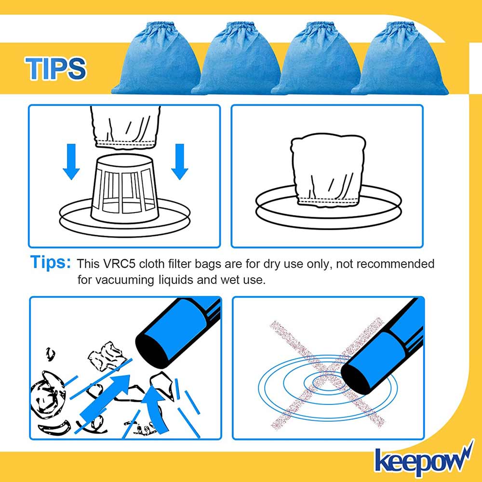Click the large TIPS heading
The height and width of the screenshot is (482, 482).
click(55, 68)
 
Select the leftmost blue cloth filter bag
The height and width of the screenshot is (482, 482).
click(157, 58)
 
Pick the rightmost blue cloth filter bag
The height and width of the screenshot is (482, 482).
click(400, 58)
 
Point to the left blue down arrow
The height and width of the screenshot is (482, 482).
click(71, 161)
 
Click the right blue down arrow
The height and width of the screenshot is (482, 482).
click(179, 161)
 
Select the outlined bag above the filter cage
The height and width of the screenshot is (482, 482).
click(125, 127)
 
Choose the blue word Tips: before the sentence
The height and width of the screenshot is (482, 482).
click(51, 263)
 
